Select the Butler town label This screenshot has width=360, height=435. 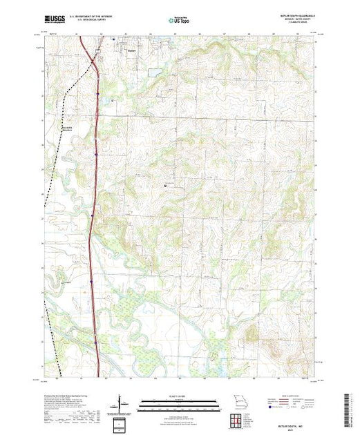click(132, 49)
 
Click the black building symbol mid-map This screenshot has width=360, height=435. click(165, 185)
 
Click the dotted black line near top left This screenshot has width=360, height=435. click(64, 90)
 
